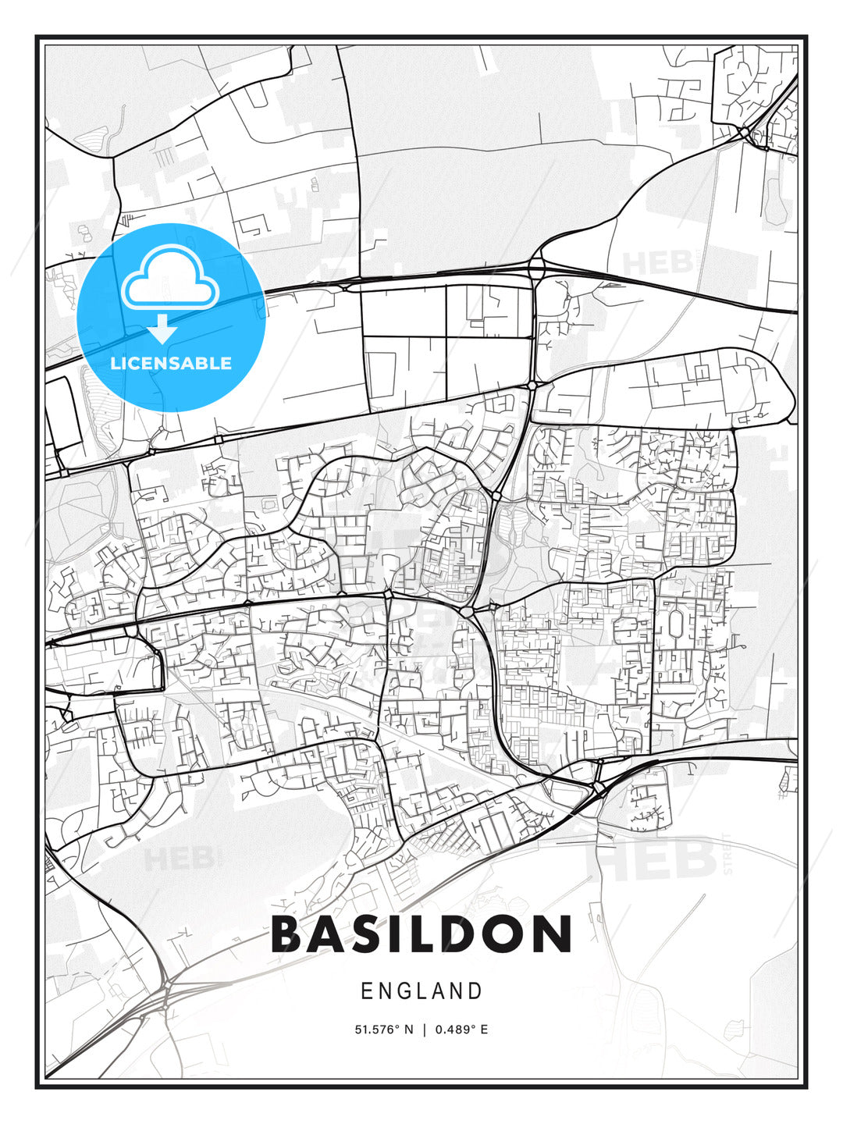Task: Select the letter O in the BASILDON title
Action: (x=503, y=934)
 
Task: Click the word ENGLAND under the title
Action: (x=421, y=991)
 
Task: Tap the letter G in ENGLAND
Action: (x=404, y=991)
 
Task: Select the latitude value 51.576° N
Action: (x=383, y=1030)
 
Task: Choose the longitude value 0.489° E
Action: (x=462, y=1030)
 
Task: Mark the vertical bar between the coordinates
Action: (x=424, y=1030)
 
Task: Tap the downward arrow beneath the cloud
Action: (x=163, y=328)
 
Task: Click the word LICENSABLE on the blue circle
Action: (x=171, y=363)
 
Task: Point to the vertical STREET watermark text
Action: (x=728, y=853)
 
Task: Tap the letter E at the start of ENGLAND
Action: (x=366, y=991)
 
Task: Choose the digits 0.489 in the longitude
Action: (x=454, y=1030)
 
